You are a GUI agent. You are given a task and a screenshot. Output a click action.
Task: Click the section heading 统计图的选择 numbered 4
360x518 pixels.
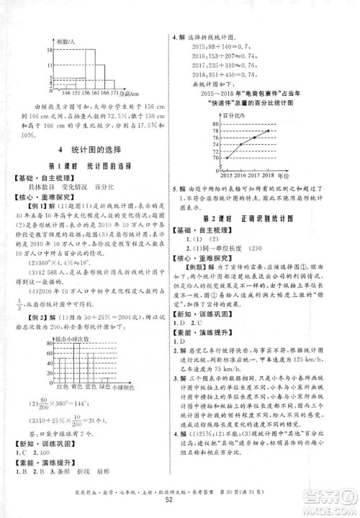pyautogui.click(x=93, y=149)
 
